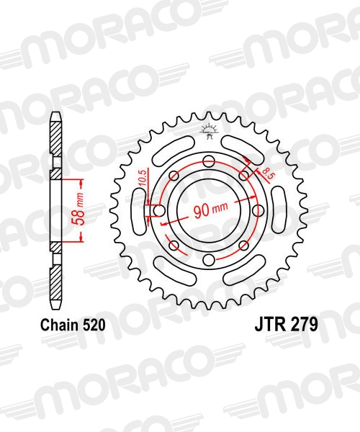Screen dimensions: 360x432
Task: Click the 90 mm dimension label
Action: pyautogui.click(x=211, y=211)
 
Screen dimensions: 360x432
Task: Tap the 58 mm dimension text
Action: pyautogui.click(x=78, y=209)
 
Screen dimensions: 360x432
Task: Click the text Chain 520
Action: pyautogui.click(x=73, y=325)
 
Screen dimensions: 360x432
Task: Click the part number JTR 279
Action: pyautogui.click(x=286, y=325)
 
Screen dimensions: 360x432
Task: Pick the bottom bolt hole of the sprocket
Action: pyautogui.click(x=209, y=259)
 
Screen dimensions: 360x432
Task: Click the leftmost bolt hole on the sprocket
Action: pyautogui.click(x=159, y=211)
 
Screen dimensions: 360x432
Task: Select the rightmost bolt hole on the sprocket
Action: pyautogui.click(x=258, y=210)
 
